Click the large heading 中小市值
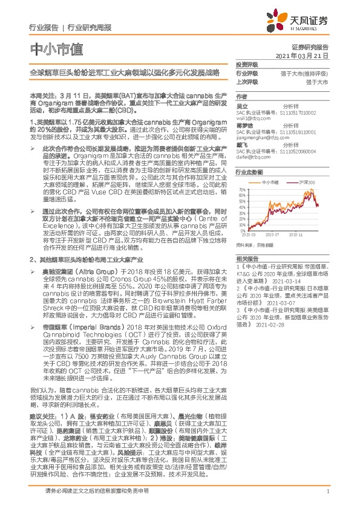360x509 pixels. (56, 48)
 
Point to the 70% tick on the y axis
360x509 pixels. (241, 189)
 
